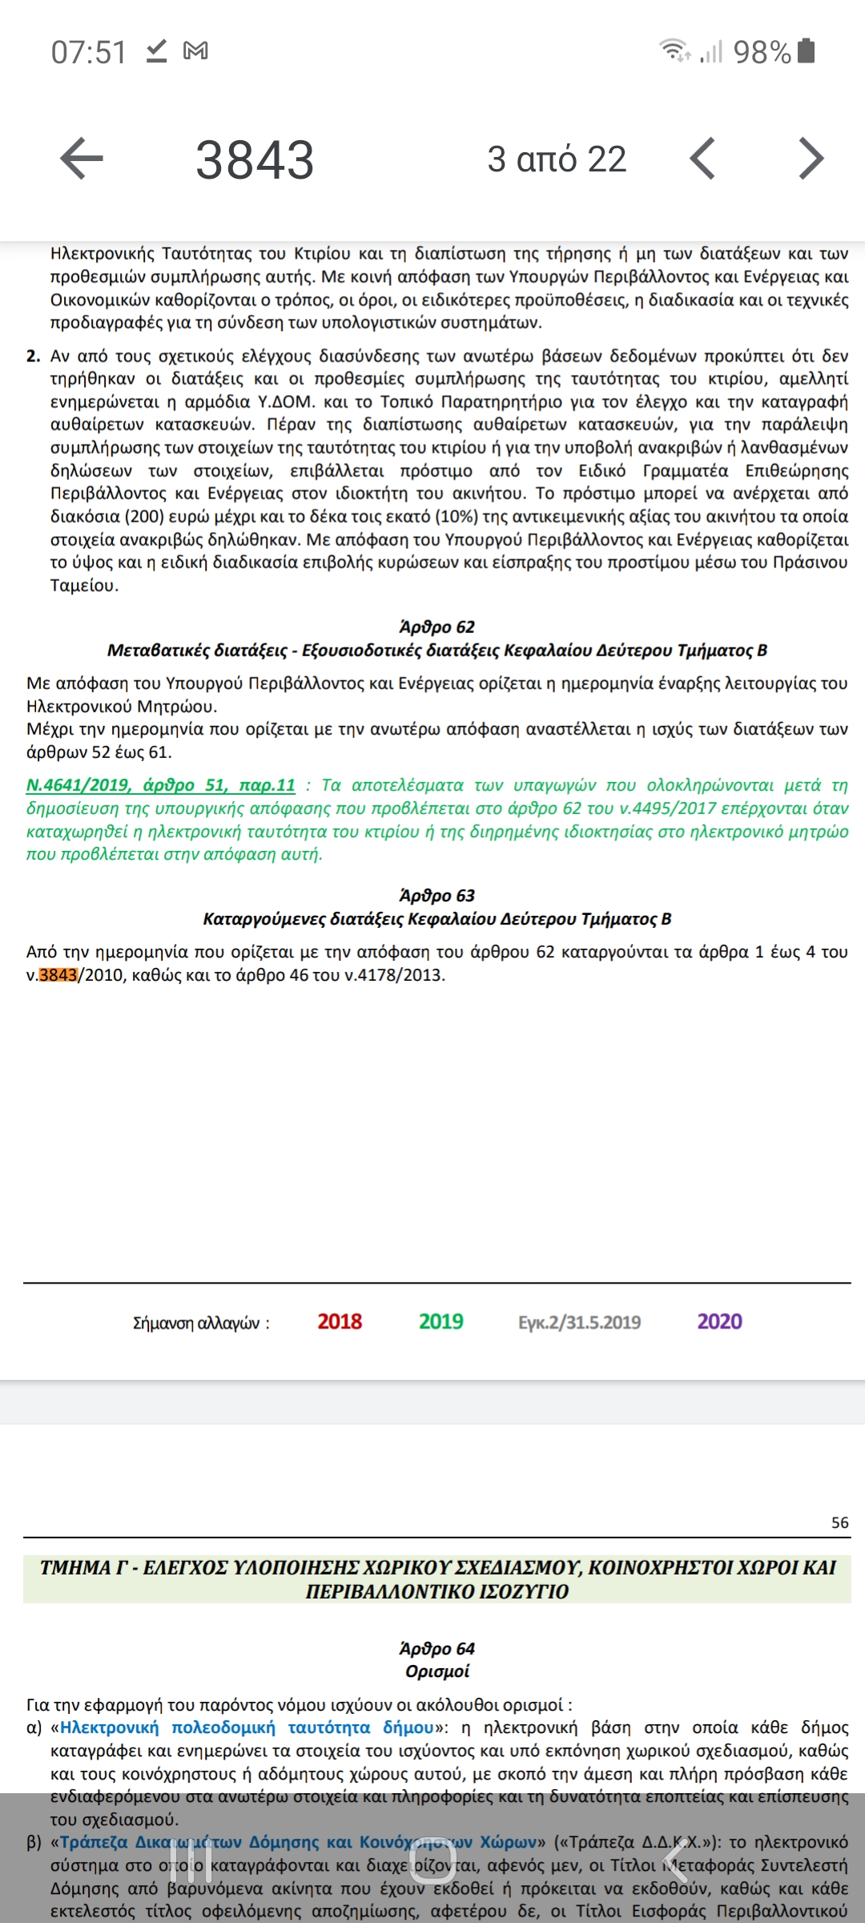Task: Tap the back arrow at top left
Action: pos(82,158)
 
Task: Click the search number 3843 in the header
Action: pos(255,159)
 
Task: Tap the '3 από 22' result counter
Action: pos(557,159)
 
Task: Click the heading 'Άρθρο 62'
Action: pos(437,627)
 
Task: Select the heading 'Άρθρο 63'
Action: pos(437,895)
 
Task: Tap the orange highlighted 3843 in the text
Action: pos(58,975)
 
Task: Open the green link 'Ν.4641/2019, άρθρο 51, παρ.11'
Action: pos(160,785)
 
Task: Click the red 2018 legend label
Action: pos(340,1321)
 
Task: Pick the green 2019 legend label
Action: pos(441,1321)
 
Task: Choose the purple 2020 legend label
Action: pos(719,1321)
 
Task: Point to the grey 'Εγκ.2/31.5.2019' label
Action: pos(579,1322)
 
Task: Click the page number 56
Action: pos(839,1522)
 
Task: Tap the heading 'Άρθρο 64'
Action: pos(437,1648)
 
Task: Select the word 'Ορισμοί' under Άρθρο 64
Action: pos(437,1671)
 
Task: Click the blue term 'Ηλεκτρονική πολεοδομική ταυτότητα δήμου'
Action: pos(247,1727)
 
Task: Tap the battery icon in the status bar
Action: pos(807,50)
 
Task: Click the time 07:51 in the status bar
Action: pos(89,52)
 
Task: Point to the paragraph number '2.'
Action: pos(33,356)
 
